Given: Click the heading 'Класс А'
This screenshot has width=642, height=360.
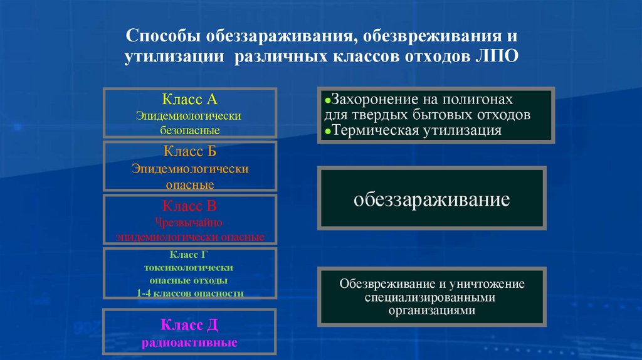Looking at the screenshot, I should pos(190,98).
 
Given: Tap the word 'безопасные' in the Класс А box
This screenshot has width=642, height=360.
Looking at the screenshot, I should pos(190,131).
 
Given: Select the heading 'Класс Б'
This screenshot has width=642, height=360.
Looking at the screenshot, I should pos(190,152).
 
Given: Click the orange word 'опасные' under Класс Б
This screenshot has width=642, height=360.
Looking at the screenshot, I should pos(190,185).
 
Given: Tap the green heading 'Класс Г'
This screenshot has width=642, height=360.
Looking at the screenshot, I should pos(190,255).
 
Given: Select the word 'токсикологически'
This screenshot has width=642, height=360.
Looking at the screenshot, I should pos(190,267).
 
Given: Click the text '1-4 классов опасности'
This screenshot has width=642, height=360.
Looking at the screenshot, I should pos(190,293).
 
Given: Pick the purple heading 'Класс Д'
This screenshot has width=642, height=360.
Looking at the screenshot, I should pos(190,324).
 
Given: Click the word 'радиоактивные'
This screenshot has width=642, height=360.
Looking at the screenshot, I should pos(190,343).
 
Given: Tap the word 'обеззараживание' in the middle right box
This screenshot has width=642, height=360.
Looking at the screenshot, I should pos(431,200).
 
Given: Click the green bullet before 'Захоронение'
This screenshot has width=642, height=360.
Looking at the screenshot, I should pos(328,101).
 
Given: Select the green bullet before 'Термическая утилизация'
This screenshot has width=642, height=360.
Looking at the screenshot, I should pos(328,131).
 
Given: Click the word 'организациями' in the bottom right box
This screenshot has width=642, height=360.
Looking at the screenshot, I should pos(431,310).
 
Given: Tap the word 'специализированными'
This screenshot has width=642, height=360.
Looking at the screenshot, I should pos(431,297).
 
